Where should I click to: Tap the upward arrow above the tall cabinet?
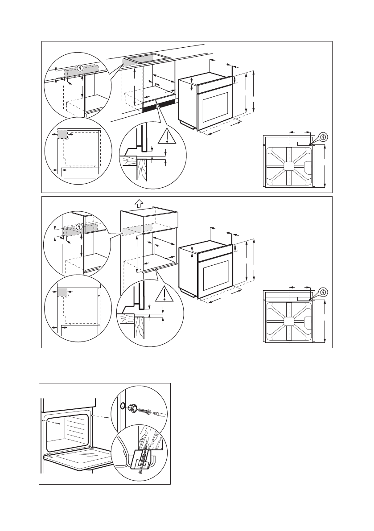(138, 203)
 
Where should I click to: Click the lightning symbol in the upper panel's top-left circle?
(80, 68)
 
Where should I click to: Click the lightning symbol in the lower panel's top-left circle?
(80, 227)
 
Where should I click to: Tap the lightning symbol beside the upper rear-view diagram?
(324, 136)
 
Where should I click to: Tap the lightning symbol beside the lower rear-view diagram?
(324, 292)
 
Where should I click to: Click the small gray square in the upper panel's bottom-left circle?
(62, 134)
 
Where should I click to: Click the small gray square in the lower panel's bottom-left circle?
(62, 292)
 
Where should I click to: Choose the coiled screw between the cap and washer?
(144, 410)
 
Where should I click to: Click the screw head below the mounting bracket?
(140, 473)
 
